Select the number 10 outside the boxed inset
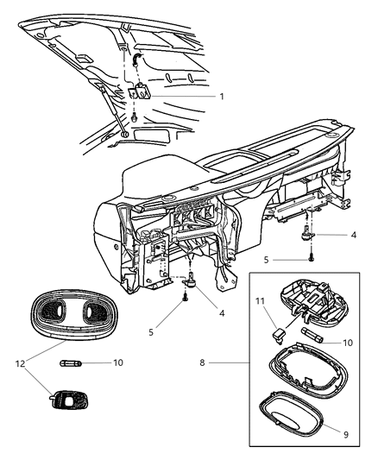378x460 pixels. click(117, 362)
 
